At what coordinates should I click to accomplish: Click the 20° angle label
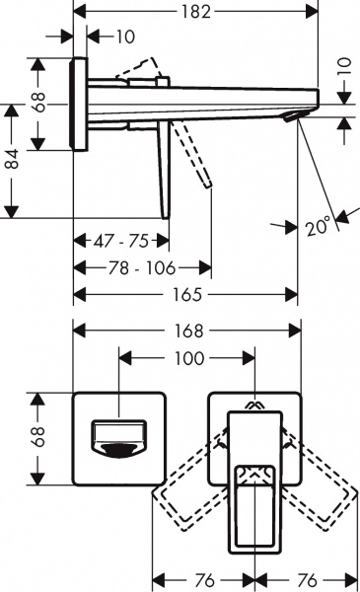(x=317, y=226)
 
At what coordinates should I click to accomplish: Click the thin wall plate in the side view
(x=80, y=105)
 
